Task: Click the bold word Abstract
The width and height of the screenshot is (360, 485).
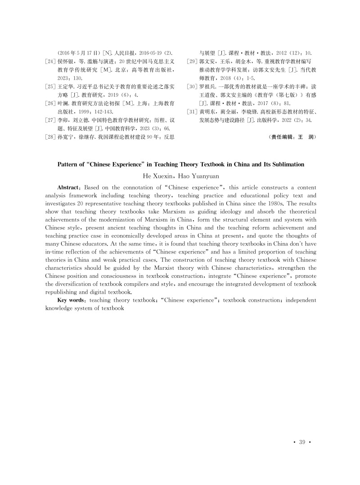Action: [68, 187]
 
